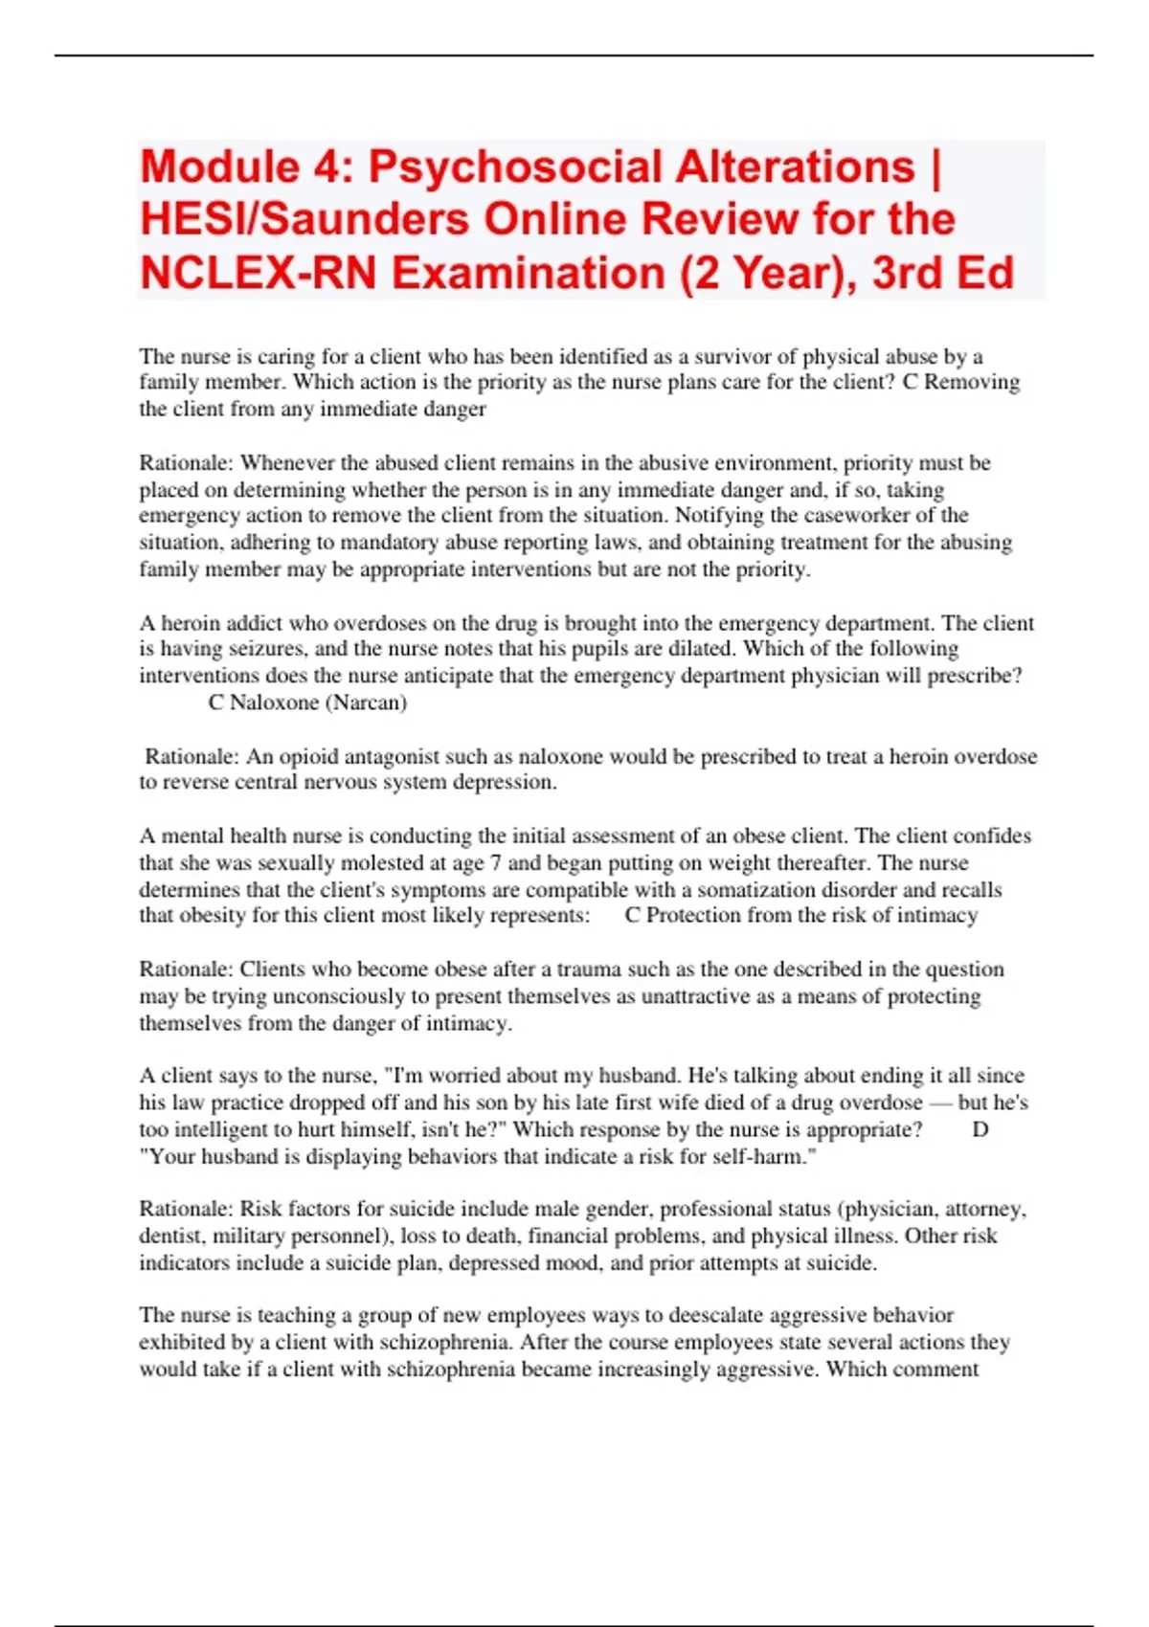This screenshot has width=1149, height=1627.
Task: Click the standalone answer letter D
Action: click(980, 1130)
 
